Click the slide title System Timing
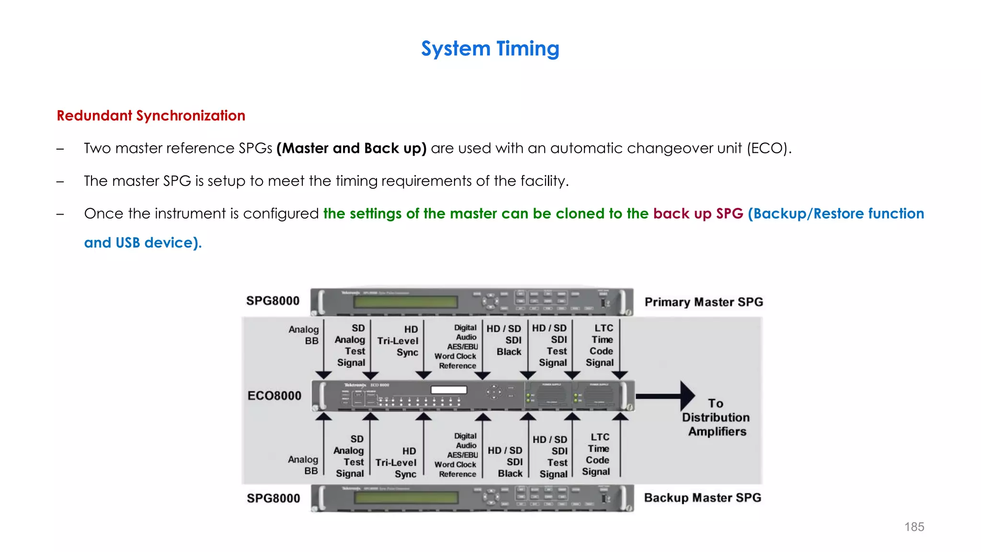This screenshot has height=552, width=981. (490, 49)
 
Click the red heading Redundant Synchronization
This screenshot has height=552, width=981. (151, 115)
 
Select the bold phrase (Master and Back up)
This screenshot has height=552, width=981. (351, 148)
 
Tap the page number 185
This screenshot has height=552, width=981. (914, 527)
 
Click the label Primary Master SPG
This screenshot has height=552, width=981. (703, 302)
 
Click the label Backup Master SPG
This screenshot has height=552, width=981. (702, 497)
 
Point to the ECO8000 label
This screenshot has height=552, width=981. (274, 396)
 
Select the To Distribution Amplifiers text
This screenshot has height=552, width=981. (716, 417)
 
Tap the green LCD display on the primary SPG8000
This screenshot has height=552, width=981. (405, 302)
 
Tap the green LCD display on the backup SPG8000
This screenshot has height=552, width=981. (405, 498)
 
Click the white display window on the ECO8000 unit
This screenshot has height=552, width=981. (449, 390)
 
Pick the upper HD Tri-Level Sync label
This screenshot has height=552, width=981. (399, 341)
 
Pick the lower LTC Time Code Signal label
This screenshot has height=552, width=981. (597, 454)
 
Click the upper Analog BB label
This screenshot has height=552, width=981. (304, 335)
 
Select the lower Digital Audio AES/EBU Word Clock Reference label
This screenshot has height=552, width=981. (456, 455)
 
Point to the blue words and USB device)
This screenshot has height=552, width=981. (143, 242)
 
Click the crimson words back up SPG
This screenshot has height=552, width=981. (698, 213)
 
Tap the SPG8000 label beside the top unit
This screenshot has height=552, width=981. (273, 301)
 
